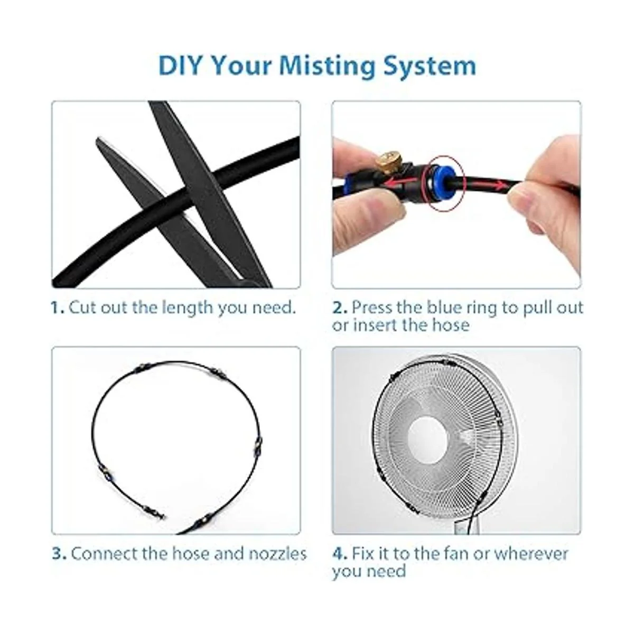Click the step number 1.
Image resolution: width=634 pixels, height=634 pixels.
pos(58,307)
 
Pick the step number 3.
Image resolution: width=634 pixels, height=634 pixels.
pos(60,553)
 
